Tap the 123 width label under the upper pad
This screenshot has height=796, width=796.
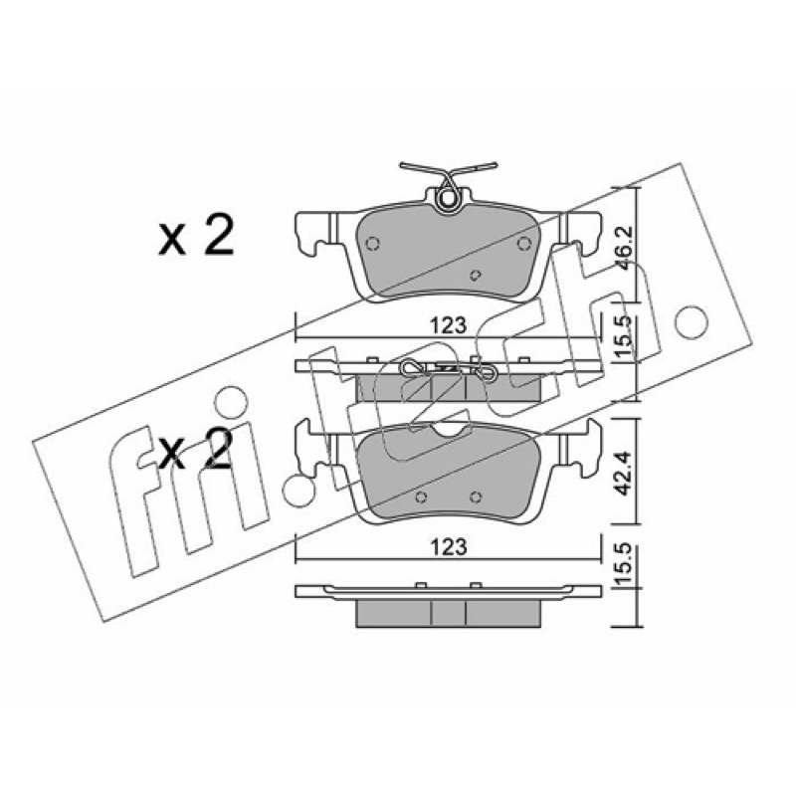pos(448,325)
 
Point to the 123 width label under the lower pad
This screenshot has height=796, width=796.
pos(448,546)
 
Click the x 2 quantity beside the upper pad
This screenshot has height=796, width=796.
pos(195,235)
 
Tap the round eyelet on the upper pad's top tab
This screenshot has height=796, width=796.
pos(448,198)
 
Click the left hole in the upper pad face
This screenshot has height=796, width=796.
pos(373,244)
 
